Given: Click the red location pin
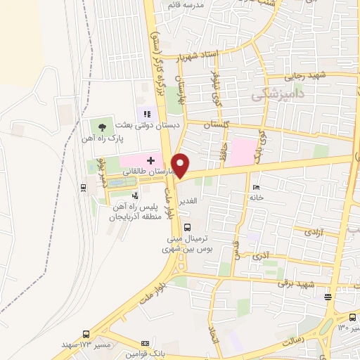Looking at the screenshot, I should point(181,164).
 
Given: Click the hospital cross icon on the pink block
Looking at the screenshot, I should point(150,160).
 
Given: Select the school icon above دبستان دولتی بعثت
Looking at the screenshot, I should point(147,113).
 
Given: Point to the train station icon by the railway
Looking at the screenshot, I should point(84,187).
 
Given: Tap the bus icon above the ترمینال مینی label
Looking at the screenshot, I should point(186,227).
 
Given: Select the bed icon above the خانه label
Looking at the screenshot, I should point(256,187).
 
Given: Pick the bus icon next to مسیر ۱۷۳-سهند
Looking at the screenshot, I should point(86,335).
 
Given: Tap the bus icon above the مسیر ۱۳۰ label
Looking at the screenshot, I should point(352,317).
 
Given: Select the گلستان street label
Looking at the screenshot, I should point(217,124).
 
